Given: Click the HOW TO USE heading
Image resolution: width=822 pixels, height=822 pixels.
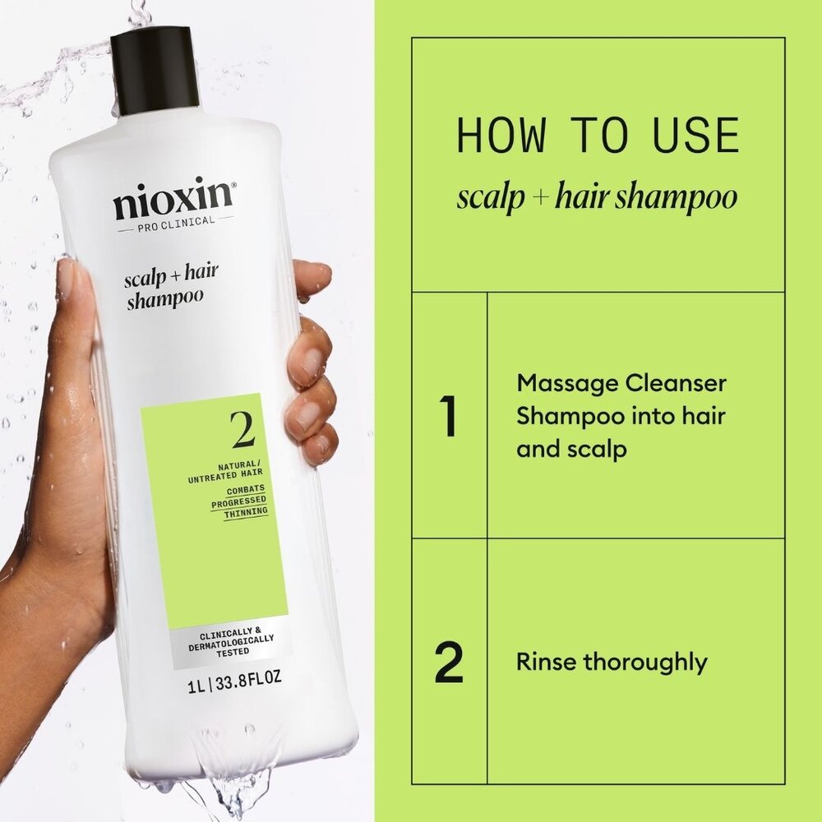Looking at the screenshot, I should click(598, 136).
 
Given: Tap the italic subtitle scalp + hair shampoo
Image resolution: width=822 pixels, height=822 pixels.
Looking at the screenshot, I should click(598, 197).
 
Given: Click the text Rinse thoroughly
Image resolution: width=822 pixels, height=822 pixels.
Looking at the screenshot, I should click(612, 662).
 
